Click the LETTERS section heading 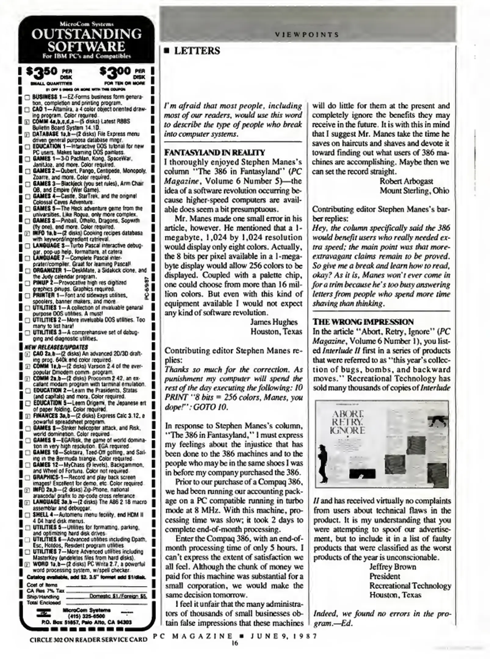coord(197,51)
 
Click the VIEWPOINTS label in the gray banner coord(307,35)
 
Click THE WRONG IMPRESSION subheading coord(363,322)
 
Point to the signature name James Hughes coord(274,322)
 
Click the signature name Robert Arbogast coord(406,181)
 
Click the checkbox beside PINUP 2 coord(27,283)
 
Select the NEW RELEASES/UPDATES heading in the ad coord(56,347)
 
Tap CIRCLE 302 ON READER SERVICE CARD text coord(89,639)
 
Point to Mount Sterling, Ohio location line coord(414,191)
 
